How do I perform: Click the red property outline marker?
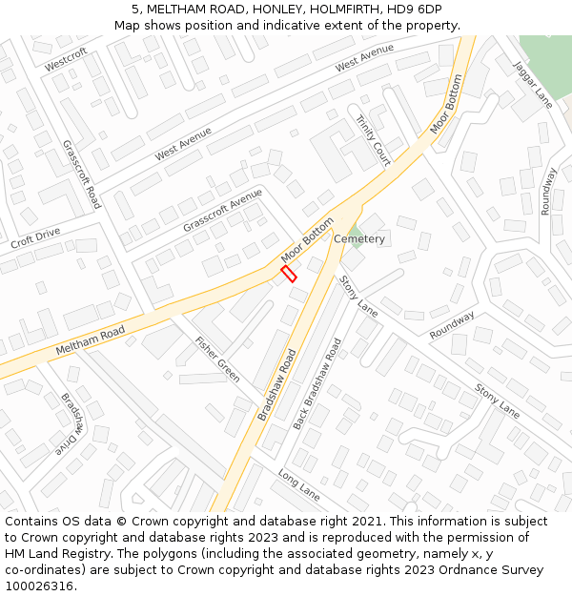pos(289,274)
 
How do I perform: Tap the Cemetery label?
pos(359,239)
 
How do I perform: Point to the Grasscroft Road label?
pos(81,175)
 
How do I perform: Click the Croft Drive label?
pos(35,238)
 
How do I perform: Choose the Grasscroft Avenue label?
pos(222,211)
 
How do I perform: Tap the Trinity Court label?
pos(373,139)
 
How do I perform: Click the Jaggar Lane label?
pos(533,84)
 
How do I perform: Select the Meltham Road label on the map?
pos(90,339)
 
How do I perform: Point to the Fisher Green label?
pos(217,360)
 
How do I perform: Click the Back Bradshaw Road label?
pos(317,382)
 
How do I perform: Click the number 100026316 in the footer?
pos(39,586)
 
